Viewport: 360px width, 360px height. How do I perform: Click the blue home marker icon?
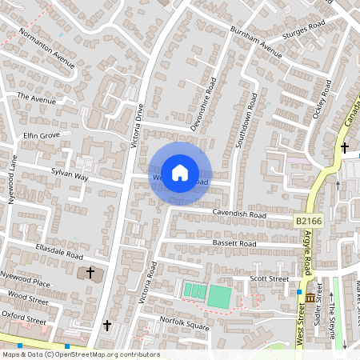click(x=180, y=172)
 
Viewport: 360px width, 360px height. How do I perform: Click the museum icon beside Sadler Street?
click(x=310, y=298)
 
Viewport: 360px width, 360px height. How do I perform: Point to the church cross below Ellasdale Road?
click(x=90, y=274)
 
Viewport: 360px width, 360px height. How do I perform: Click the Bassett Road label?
click(x=234, y=242)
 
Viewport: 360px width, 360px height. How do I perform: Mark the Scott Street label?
click(x=269, y=278)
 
